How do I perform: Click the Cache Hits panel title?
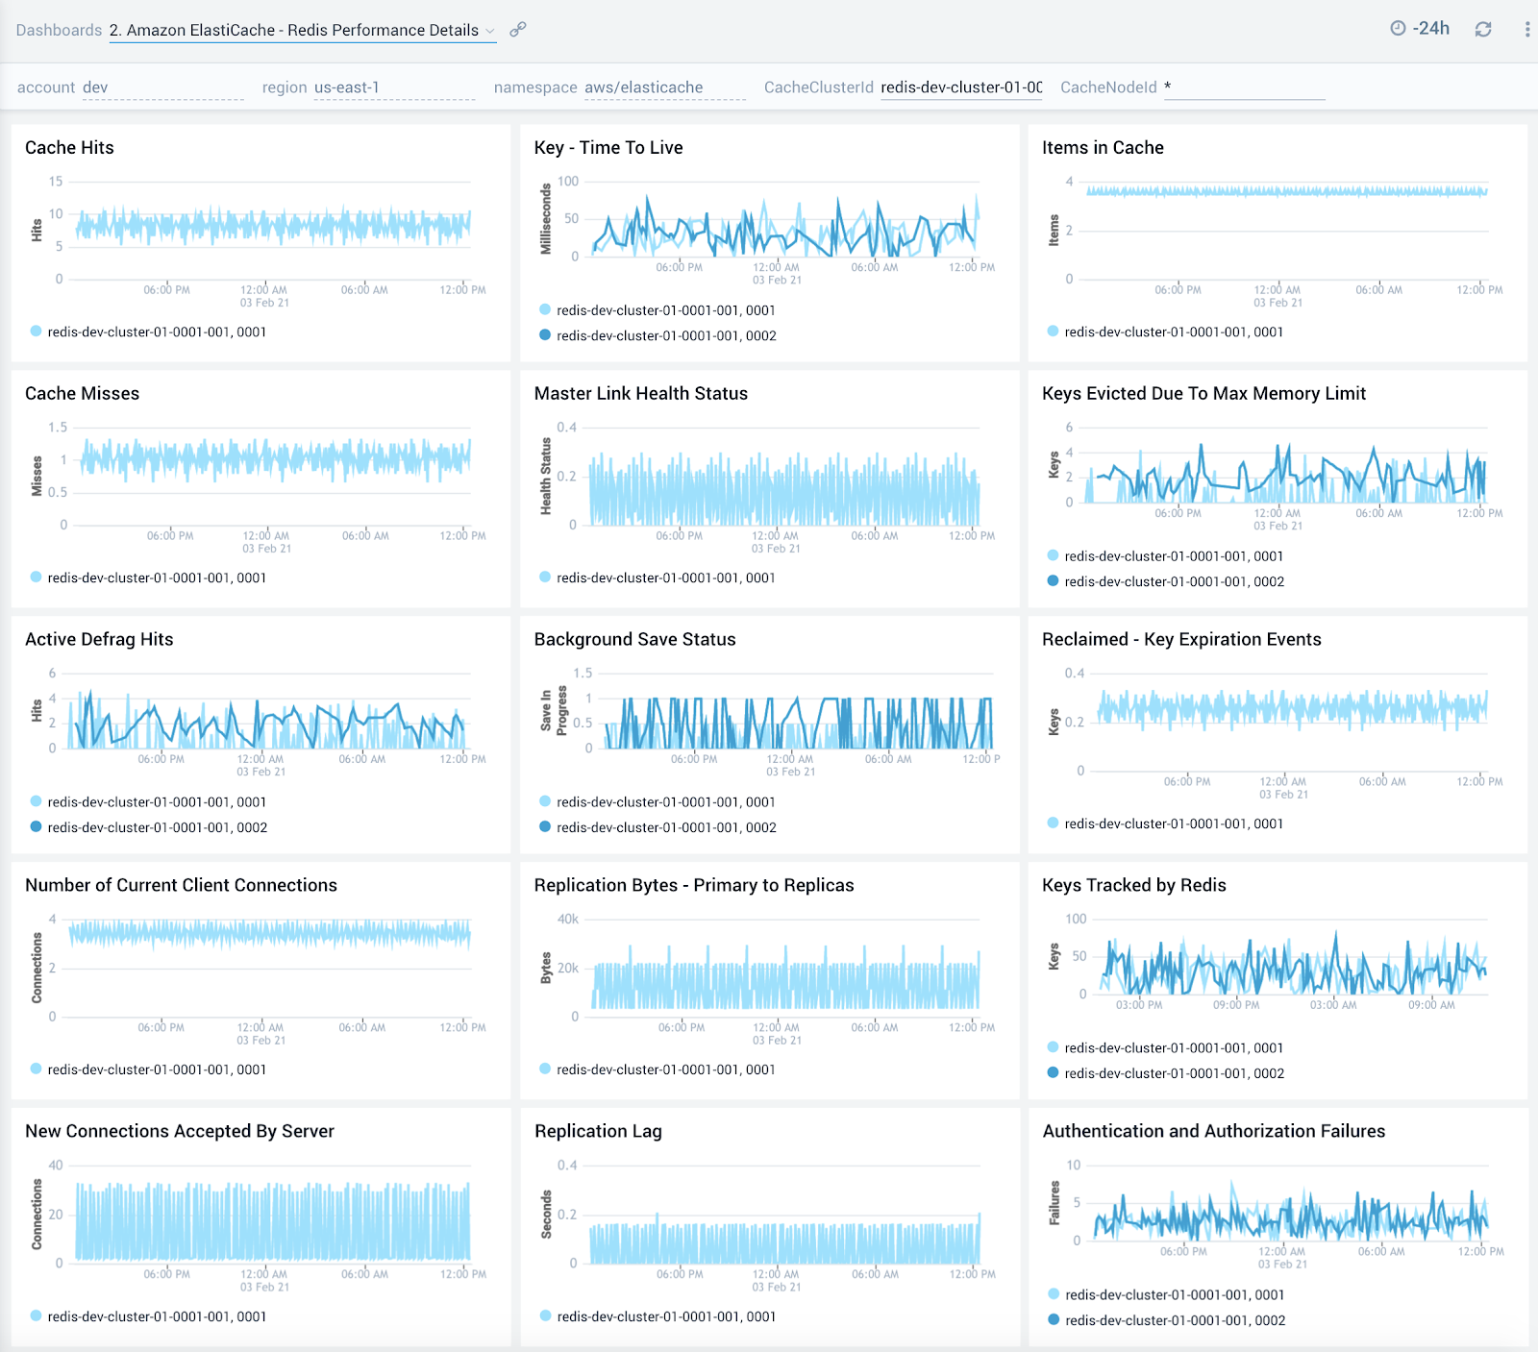69,147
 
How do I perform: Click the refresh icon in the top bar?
1483,30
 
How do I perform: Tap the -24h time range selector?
1420,29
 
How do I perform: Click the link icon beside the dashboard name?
518,30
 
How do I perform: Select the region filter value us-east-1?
347,87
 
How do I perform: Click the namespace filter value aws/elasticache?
643,87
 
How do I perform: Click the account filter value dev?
95,87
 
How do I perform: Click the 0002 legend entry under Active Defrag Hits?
157,827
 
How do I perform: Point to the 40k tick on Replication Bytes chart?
568,920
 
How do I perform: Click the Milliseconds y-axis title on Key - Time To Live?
546,218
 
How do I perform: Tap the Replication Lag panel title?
598,1131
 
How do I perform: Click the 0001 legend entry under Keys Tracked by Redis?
1174,1048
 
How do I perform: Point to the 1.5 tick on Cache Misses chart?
59,428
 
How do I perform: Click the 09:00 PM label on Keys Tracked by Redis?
1236,1005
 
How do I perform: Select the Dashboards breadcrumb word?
59,30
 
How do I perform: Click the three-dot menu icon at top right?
1526,30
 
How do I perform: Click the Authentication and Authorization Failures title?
1213,1131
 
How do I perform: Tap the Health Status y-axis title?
546,476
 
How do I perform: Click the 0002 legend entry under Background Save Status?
666,827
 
